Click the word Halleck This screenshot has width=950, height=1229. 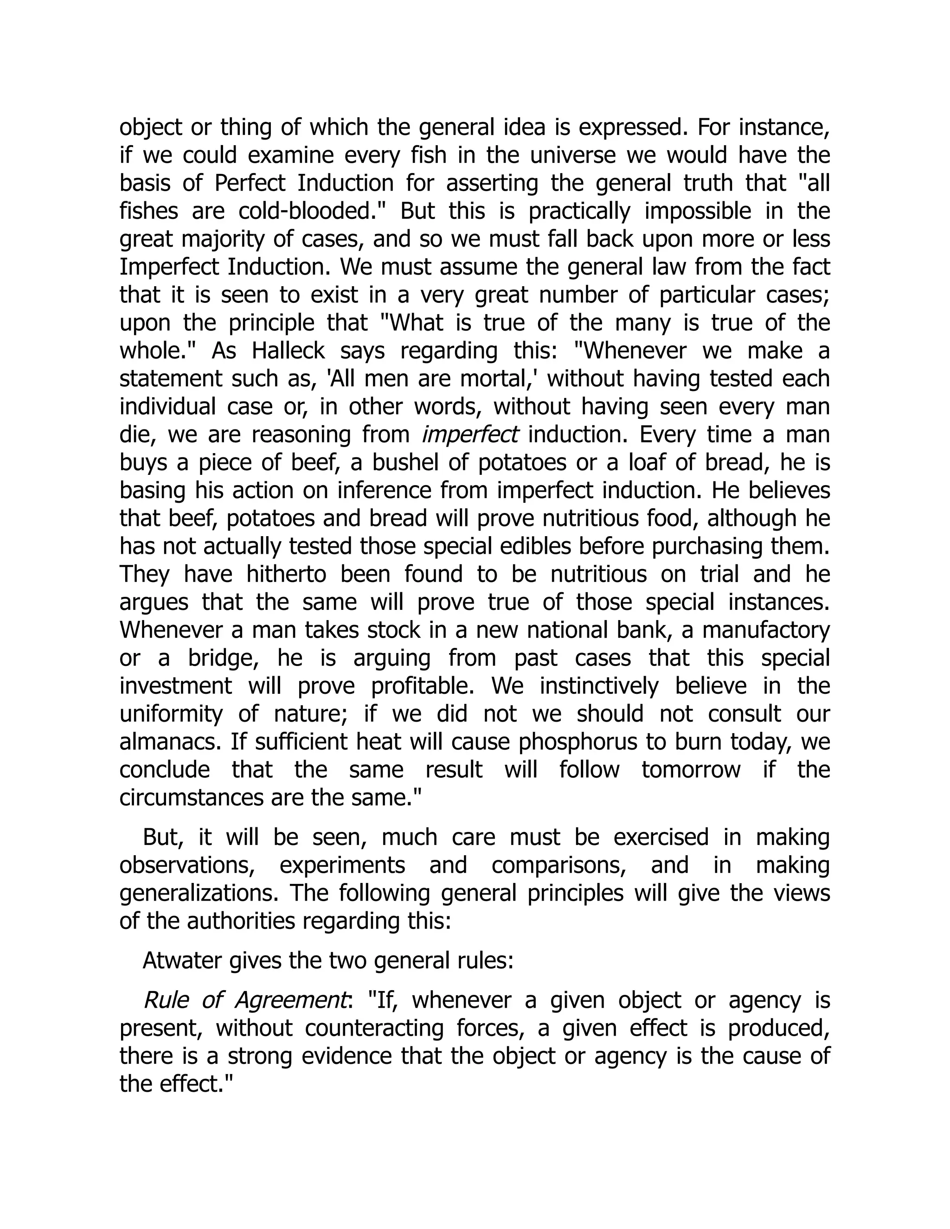click(288, 351)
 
